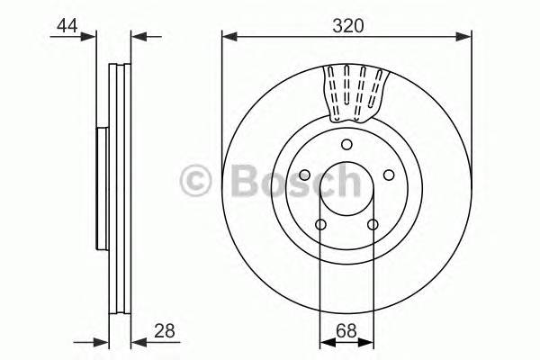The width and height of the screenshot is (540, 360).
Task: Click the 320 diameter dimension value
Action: coord(346,26)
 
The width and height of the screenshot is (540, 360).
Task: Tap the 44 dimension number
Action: coord(67,26)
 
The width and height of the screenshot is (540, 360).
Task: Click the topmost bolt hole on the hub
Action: coord(346,145)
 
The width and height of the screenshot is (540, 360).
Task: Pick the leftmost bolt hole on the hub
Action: coord(304,175)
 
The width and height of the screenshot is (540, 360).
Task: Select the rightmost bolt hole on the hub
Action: coord(389,175)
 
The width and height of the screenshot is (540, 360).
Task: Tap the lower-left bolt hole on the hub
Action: coord(320,224)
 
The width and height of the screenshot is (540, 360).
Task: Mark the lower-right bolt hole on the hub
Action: coord(373,224)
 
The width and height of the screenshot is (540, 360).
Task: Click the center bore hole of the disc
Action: coord(346,189)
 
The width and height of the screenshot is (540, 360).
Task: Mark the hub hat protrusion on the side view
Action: coord(101,189)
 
